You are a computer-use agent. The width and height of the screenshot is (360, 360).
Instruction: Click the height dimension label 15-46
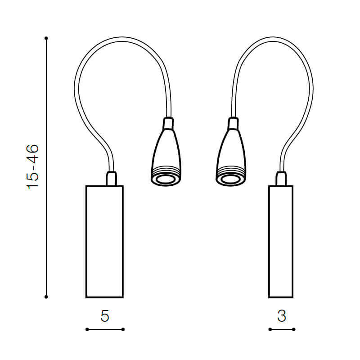click(32, 167)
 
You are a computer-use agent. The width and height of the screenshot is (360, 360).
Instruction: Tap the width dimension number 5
click(105, 316)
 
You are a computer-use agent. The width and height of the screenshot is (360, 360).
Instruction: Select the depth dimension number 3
click(282, 316)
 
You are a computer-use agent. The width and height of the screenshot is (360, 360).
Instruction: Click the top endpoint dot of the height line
click(46, 38)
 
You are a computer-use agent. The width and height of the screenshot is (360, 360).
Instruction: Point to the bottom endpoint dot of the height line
click(46, 297)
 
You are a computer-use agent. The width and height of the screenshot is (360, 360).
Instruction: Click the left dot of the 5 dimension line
click(87, 329)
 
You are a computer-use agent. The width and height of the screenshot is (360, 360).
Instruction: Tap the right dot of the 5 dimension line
click(123, 329)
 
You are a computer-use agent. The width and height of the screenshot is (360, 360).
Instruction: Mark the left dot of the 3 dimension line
click(270, 329)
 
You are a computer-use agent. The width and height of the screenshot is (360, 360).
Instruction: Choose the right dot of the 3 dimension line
click(294, 329)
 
